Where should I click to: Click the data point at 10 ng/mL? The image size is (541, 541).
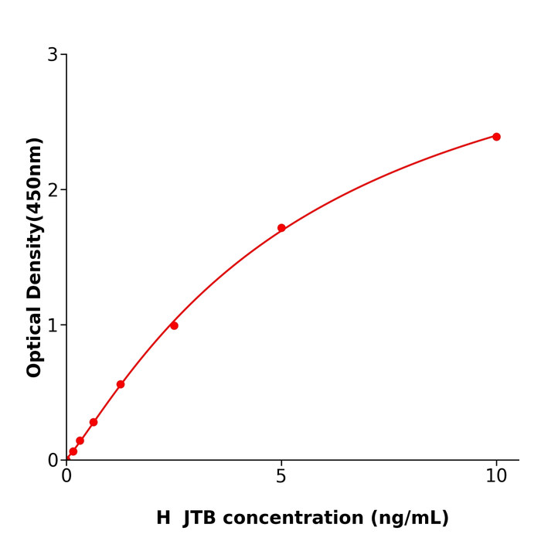(x=496, y=137)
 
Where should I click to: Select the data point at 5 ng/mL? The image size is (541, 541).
(x=281, y=228)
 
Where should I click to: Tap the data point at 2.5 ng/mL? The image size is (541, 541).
(x=174, y=325)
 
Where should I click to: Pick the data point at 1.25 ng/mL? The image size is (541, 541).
(x=121, y=384)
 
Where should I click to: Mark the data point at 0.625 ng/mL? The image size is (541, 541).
(x=94, y=422)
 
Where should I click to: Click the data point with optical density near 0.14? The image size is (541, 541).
(x=80, y=441)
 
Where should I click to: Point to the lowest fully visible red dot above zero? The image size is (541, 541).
(x=73, y=451)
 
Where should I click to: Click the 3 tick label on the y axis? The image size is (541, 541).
(x=53, y=55)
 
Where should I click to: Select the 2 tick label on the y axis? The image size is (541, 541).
(x=53, y=190)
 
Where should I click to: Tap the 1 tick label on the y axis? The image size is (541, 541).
(x=53, y=325)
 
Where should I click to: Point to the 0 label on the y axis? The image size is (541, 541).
(x=53, y=461)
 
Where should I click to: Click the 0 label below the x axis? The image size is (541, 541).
(x=66, y=477)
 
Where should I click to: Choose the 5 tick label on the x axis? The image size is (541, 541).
(x=281, y=477)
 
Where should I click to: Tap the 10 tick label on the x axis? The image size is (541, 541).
(x=496, y=477)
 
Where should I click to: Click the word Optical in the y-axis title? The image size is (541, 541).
(x=35, y=342)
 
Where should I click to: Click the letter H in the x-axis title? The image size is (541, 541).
(x=164, y=518)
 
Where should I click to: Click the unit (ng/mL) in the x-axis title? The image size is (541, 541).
(x=409, y=518)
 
